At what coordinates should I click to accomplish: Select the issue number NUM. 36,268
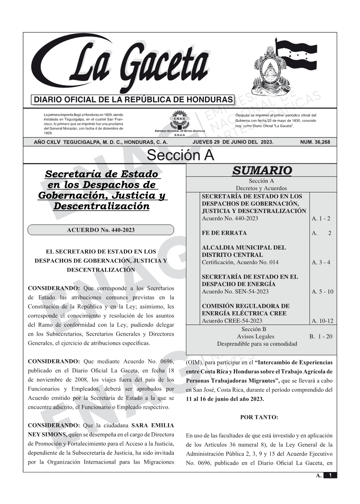[x=315, y=142]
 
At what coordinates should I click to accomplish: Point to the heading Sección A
[x=180, y=155]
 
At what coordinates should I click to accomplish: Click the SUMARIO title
[x=262, y=171]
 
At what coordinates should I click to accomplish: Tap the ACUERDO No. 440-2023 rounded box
[x=101, y=230]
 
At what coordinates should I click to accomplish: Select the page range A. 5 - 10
[x=322, y=291]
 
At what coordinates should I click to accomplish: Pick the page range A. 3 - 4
[x=321, y=262]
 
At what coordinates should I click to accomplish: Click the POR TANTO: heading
[x=259, y=417]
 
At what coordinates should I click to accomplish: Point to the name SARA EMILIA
[x=152, y=425]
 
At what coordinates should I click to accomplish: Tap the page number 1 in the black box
[x=330, y=475]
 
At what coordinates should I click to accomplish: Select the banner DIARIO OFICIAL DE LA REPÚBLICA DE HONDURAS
[x=133, y=100]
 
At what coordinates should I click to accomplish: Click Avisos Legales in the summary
[x=255, y=336]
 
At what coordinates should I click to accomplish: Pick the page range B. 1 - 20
[x=321, y=336]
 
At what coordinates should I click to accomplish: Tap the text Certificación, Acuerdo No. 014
[x=240, y=262]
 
